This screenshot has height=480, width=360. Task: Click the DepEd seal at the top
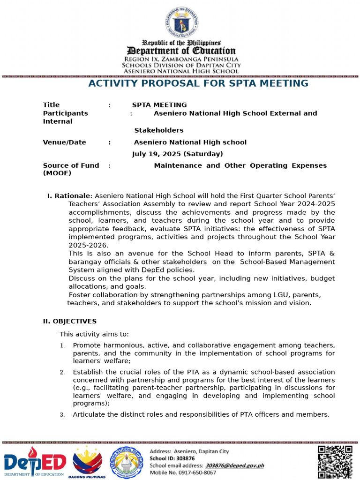(181, 23)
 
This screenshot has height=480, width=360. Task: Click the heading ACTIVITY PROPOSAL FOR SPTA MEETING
(198, 83)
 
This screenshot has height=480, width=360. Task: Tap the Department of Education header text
(182, 51)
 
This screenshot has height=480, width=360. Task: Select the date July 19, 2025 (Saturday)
(178, 154)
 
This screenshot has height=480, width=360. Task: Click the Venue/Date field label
(64, 142)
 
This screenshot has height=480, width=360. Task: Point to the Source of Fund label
(71, 165)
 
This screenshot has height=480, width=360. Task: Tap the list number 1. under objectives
(62, 346)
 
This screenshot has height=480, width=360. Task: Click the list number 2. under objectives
(62, 373)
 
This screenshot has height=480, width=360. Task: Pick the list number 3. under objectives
(62, 415)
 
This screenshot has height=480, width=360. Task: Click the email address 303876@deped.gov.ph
(234, 465)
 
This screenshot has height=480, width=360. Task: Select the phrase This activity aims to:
(94, 334)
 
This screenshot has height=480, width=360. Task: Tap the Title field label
(51, 105)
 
